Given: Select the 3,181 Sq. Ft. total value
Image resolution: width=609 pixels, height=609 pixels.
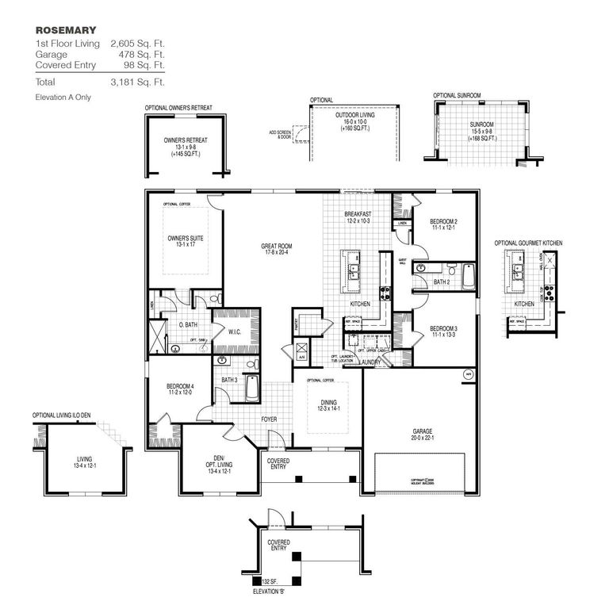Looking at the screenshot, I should [137, 82].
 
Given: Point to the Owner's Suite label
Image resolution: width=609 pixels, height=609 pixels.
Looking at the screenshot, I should [182, 238].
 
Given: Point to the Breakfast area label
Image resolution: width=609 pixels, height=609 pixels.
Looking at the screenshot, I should [358, 215].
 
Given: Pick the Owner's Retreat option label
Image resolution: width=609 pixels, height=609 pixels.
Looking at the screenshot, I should [186, 140].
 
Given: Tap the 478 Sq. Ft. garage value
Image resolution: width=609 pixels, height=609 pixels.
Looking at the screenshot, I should [137, 54].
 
